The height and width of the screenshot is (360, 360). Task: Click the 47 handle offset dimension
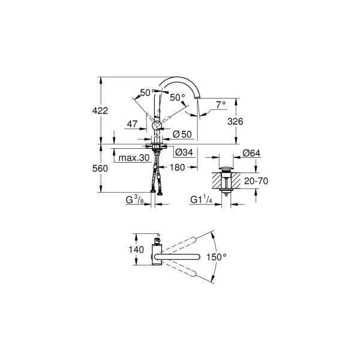pos(133,124)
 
